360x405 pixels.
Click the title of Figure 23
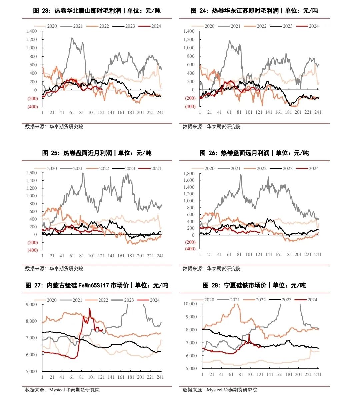click(x=97, y=11)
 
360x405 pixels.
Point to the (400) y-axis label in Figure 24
click(x=190, y=107)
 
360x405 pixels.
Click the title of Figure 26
click(x=254, y=153)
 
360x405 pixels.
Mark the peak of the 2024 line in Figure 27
click(x=89, y=309)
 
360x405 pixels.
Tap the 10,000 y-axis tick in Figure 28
click(x=190, y=304)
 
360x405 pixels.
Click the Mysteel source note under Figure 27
click(x=62, y=390)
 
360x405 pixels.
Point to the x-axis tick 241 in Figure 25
click(x=160, y=256)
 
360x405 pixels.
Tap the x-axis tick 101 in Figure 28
click(x=250, y=374)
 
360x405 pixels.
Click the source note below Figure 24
click(x=211, y=127)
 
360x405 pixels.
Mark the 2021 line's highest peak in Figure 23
click(x=72, y=38)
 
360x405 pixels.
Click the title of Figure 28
click(x=254, y=285)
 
